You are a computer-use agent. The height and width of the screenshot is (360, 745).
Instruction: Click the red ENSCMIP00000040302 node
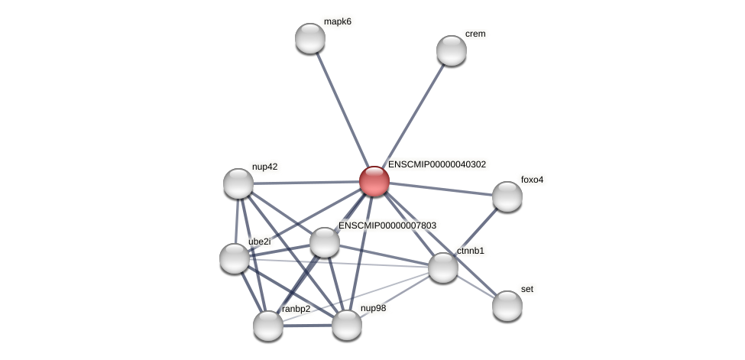click(374, 181)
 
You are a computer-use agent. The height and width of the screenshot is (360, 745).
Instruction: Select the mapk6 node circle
click(310, 38)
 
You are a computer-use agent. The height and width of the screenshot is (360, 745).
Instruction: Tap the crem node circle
click(452, 50)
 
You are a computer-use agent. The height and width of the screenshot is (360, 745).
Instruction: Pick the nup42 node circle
click(238, 183)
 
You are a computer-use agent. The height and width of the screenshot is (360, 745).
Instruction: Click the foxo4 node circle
click(507, 196)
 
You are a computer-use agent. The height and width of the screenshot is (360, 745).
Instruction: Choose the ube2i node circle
click(235, 258)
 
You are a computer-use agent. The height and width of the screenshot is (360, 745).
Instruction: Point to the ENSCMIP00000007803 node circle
click(325, 242)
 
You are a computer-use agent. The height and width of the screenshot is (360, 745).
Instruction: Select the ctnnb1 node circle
click(443, 268)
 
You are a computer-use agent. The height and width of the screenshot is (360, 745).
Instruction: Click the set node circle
click(507, 306)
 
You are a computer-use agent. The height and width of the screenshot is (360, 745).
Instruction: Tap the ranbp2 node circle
click(268, 326)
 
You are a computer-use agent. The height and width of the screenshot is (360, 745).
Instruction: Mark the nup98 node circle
click(347, 325)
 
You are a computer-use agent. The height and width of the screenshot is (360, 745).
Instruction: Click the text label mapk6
click(337, 21)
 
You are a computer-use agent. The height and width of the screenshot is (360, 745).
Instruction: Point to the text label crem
click(475, 34)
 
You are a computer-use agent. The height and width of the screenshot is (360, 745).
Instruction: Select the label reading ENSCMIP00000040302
click(436, 164)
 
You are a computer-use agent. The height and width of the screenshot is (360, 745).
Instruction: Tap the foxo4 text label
click(532, 180)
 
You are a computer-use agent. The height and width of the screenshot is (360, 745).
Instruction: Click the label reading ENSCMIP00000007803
click(387, 225)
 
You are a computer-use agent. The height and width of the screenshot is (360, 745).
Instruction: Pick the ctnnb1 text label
click(471, 251)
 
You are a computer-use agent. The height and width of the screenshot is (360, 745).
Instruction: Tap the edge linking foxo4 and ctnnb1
click(475, 232)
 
